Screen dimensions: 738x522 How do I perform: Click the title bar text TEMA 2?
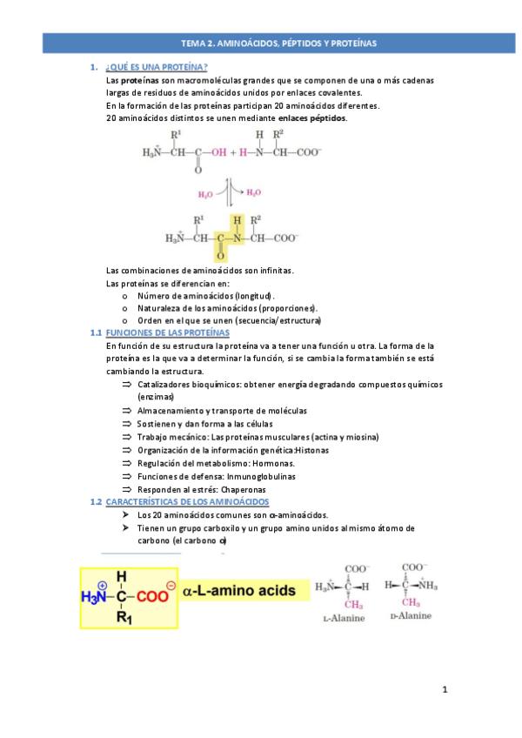pos(198,43)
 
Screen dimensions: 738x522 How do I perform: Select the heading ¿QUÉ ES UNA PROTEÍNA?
pos(156,67)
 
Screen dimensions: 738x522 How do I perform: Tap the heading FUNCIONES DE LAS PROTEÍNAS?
pos(166,332)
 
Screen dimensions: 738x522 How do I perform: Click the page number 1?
pos(445,691)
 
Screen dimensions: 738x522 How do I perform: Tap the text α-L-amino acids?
pos(241,592)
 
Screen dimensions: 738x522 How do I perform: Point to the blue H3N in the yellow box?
pos(95,597)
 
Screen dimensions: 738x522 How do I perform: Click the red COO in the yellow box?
pos(151,597)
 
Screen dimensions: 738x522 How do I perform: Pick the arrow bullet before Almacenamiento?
pos(127,410)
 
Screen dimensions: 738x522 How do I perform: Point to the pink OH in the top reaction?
pos(214,152)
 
